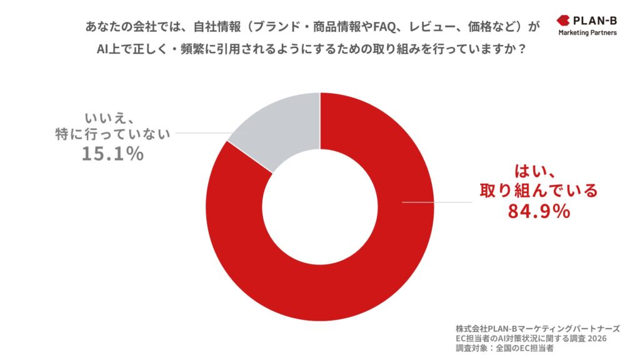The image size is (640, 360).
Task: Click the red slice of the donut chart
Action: click(x=350, y=281)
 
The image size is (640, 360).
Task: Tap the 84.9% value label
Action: click(x=538, y=212)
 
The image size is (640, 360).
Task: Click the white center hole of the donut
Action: click(x=320, y=206)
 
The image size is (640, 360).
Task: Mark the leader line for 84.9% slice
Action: click(x=437, y=202)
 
